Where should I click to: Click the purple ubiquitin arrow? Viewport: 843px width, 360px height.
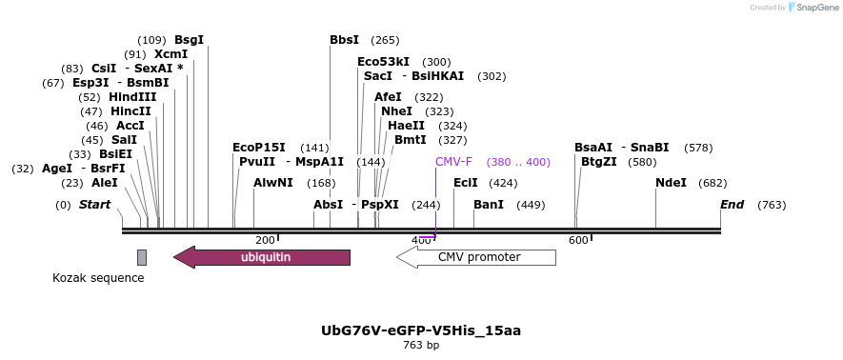[x=262, y=257]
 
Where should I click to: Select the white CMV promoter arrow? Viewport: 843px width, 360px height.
[x=475, y=257]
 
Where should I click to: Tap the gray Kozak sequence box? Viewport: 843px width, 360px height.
[x=142, y=257]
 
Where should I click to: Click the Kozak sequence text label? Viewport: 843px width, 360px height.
[x=98, y=278]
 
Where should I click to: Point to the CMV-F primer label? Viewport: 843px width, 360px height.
[x=453, y=162]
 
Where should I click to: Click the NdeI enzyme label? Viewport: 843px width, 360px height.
[x=671, y=183]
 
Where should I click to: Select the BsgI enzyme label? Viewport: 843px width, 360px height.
[x=189, y=40]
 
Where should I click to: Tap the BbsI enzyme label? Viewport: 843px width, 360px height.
[x=344, y=40]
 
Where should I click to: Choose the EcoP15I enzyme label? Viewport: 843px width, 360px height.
[x=258, y=148]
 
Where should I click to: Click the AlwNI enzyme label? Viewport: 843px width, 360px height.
[x=273, y=183]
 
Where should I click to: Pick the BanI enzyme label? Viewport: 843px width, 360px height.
[x=489, y=205]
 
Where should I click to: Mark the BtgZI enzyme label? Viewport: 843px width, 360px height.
[x=599, y=162]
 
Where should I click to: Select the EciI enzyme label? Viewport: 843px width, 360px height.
[x=465, y=183]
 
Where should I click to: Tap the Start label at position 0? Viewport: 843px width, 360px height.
[x=94, y=205]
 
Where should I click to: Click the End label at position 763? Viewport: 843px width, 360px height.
[x=732, y=205]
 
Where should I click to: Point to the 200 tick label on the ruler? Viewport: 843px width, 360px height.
[x=265, y=241]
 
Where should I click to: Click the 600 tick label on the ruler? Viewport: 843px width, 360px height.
[x=577, y=241]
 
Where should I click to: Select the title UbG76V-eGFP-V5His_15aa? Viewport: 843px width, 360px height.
[x=420, y=330]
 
